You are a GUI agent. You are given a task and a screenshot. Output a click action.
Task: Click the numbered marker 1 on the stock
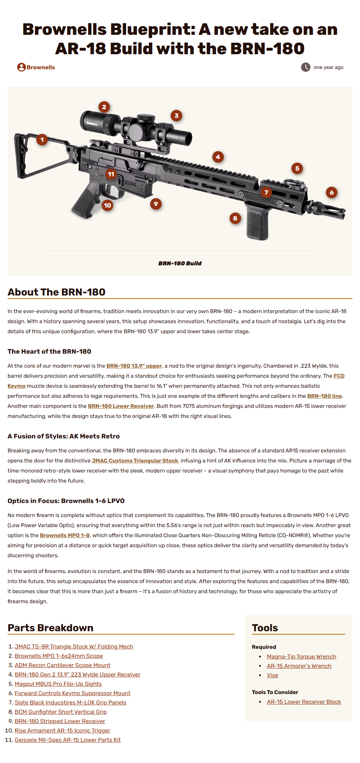pyautogui.click(x=42, y=140)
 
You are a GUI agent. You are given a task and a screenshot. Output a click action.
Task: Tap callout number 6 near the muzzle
pyautogui.click(x=332, y=192)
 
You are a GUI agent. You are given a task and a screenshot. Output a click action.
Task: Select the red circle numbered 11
pyautogui.click(x=111, y=174)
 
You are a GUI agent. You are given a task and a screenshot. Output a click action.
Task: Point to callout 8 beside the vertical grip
pyautogui.click(x=235, y=218)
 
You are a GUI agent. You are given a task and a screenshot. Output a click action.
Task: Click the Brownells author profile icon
pyautogui.click(x=21, y=67)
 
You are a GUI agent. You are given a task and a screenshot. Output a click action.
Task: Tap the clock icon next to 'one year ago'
pyautogui.click(x=305, y=67)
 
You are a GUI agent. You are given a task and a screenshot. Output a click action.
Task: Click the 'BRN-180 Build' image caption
pyautogui.click(x=180, y=264)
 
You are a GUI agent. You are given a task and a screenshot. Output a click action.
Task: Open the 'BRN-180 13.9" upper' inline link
pyautogui.click(x=134, y=366)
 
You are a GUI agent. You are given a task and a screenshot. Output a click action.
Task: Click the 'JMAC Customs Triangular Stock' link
pyautogui.click(x=135, y=461)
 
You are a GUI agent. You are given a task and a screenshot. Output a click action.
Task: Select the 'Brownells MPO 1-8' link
pyautogui.click(x=65, y=535)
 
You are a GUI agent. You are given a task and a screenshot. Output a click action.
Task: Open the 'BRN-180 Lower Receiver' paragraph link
pyautogui.click(x=121, y=406)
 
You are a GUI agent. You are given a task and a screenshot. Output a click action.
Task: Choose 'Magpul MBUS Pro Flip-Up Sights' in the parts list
pyautogui.click(x=58, y=684)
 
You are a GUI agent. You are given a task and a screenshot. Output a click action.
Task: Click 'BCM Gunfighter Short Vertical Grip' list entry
pyautogui.click(x=61, y=712)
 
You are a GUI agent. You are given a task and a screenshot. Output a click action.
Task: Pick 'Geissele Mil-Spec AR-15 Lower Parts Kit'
pyautogui.click(x=68, y=740)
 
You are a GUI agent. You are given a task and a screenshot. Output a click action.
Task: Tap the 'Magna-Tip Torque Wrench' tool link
pyautogui.click(x=301, y=657)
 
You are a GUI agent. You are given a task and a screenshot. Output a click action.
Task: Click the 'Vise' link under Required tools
pyautogui.click(x=272, y=675)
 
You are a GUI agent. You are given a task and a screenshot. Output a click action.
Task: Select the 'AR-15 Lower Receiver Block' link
pyautogui.click(x=304, y=702)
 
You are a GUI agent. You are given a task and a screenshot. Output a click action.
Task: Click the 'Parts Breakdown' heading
pyautogui.click(x=51, y=628)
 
